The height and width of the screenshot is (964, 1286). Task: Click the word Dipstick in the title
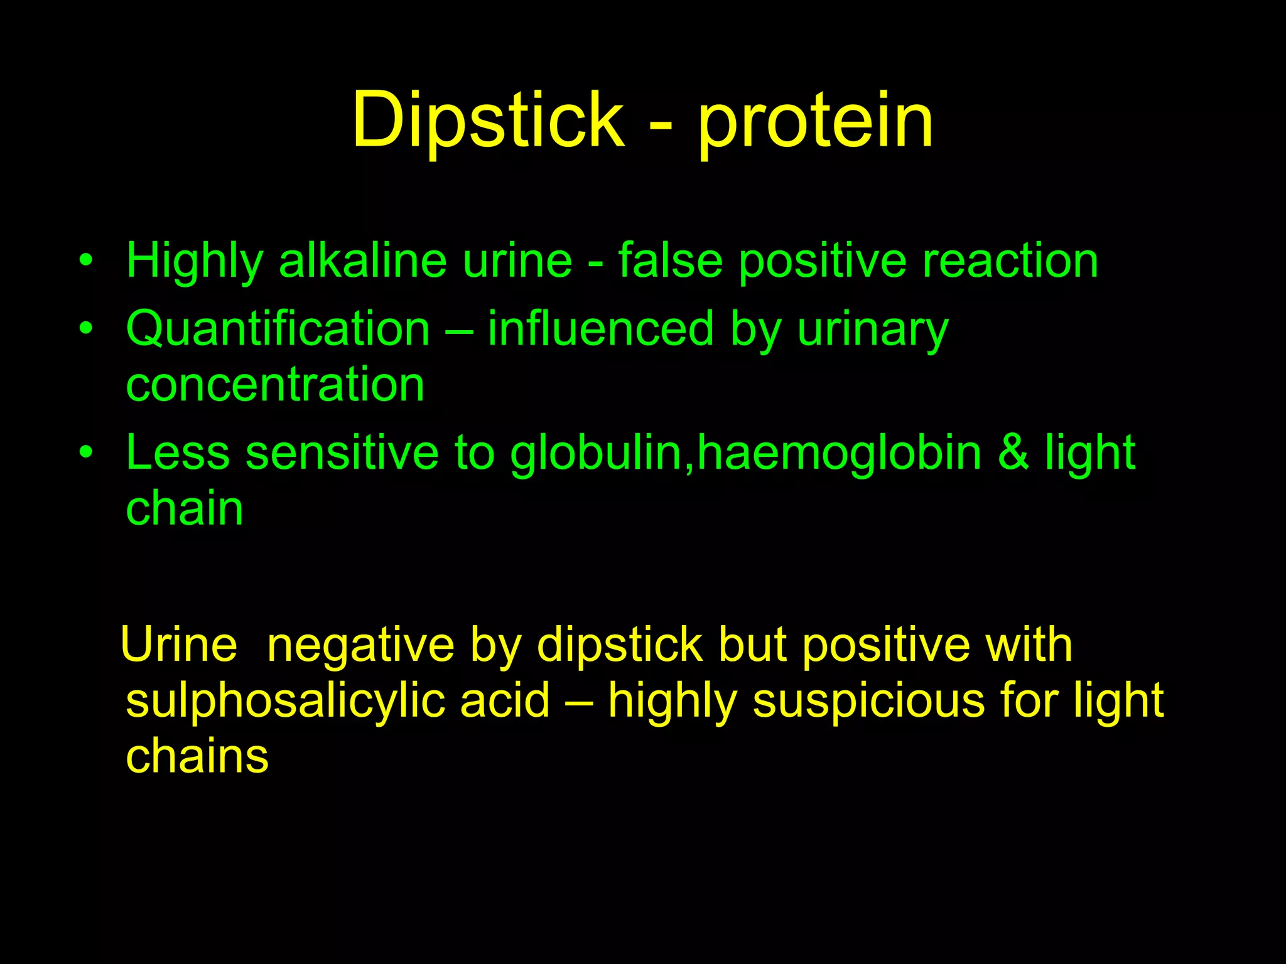pyautogui.click(x=489, y=120)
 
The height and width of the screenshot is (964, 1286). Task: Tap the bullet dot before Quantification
pyautogui.click(x=86, y=327)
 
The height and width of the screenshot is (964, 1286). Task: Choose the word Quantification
pyautogui.click(x=278, y=329)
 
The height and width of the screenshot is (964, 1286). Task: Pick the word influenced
pyautogui.click(x=601, y=329)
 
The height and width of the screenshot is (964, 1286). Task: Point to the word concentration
pyautogui.click(x=275, y=384)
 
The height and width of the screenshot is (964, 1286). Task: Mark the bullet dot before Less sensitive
pyautogui.click(x=86, y=451)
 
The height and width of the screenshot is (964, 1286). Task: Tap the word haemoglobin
pyautogui.click(x=839, y=453)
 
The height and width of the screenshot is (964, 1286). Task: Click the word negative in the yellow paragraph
pyautogui.click(x=360, y=645)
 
